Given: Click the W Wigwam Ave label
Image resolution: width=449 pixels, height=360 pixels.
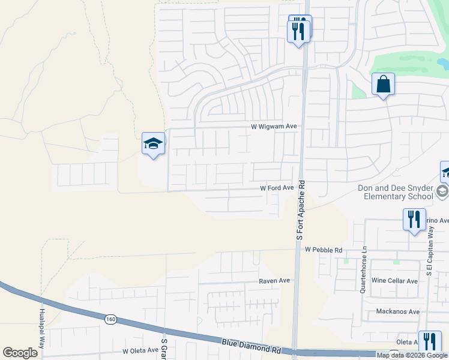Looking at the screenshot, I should click(x=274, y=127).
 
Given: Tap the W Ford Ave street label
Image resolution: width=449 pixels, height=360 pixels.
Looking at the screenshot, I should click(x=276, y=188).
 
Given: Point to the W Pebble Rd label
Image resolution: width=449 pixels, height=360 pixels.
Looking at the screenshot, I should click(x=323, y=250).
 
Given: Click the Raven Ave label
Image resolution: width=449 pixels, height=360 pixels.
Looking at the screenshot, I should click(x=274, y=280).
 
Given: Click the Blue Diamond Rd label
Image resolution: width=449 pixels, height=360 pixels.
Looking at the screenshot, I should click(x=251, y=344).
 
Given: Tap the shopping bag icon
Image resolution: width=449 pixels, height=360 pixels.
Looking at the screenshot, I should click(x=383, y=85).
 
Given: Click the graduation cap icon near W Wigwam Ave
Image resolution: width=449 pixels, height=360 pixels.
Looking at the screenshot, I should click(x=153, y=144).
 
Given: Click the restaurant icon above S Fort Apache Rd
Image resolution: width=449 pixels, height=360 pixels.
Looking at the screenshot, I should click(x=299, y=28).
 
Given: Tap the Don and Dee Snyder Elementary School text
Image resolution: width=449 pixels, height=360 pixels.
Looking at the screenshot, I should click(x=395, y=192).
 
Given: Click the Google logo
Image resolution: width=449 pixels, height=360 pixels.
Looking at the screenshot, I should click(x=20, y=353).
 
